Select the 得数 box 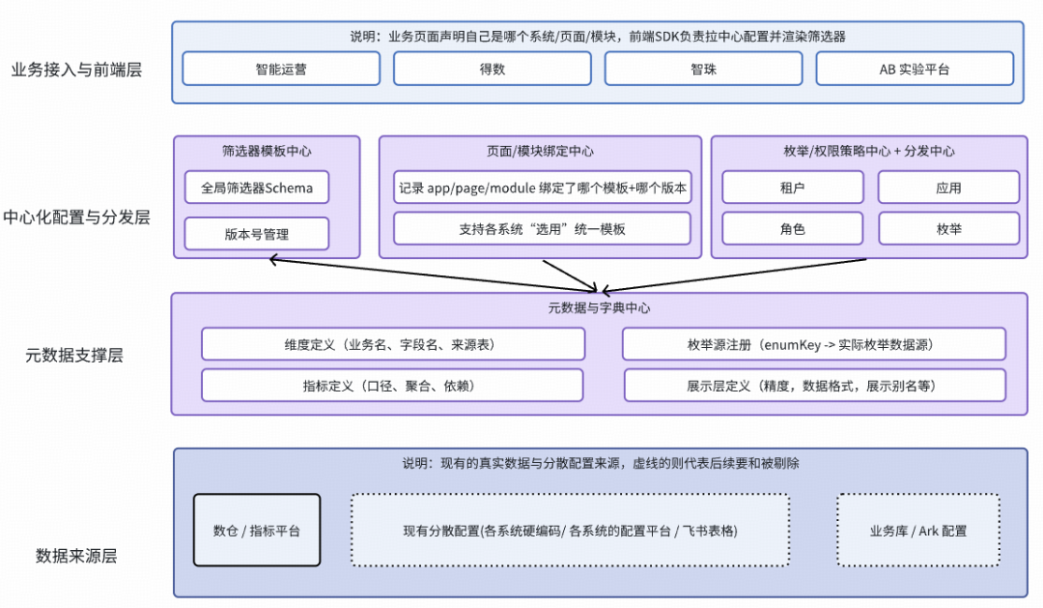[492, 69]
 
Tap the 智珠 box [703, 69]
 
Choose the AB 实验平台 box [915, 69]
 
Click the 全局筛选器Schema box [257, 188]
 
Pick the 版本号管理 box [257, 234]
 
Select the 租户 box [793, 188]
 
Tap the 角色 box [793, 229]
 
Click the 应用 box [948, 188]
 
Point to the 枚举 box [948, 229]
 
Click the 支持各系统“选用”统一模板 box [542, 229]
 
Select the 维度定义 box [393, 344]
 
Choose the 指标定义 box [392, 385]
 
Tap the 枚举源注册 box [814, 344]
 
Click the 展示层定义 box [814, 385]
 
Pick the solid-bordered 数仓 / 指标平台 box [257, 530]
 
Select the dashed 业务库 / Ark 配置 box [917, 530]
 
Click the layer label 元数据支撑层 [74, 355]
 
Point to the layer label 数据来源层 [76, 556]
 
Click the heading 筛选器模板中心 [267, 151]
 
